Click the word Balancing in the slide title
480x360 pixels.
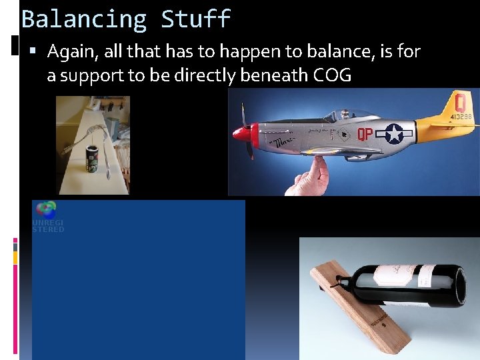click(x=84, y=19)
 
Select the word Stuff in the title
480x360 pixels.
click(x=196, y=19)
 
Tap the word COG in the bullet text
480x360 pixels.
click(x=332, y=75)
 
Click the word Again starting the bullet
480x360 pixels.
click(x=73, y=51)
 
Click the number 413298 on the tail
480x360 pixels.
click(x=460, y=117)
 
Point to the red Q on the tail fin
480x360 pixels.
click(x=459, y=103)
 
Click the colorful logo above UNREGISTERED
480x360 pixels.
click(x=46, y=210)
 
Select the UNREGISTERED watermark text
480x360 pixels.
click(x=48, y=226)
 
